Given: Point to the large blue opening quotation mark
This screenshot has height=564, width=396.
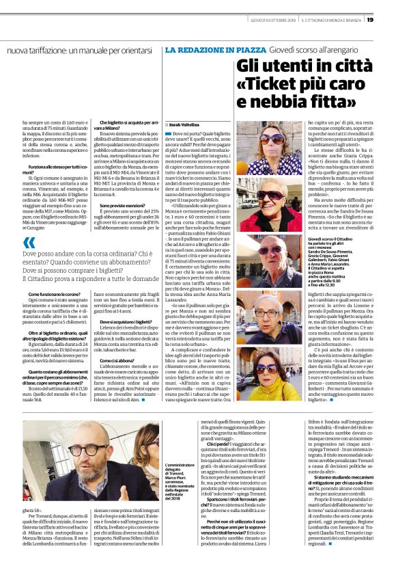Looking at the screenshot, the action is point(29,242).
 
